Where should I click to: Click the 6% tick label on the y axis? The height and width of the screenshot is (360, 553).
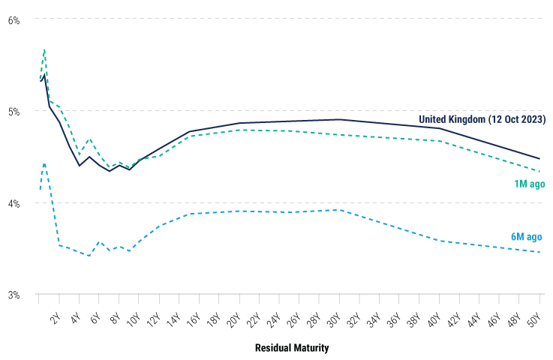(x=14, y=19)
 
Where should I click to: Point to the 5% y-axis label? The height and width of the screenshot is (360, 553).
(x=14, y=112)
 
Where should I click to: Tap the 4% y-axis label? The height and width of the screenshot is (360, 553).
(x=14, y=203)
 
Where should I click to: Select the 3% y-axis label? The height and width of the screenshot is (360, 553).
(x=14, y=295)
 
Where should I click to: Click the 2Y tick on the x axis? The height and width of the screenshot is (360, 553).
(x=55, y=316)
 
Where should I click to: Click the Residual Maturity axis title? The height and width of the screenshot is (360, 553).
(x=292, y=348)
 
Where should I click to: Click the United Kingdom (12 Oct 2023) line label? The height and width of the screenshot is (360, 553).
(x=482, y=119)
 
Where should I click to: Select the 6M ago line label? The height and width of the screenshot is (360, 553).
(x=526, y=236)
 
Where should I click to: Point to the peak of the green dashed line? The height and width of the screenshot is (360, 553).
(x=45, y=49)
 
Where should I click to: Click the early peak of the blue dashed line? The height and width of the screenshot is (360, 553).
(x=44, y=163)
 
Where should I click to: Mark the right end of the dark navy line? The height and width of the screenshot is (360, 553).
(x=539, y=159)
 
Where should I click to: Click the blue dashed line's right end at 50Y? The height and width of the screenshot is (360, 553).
(x=539, y=252)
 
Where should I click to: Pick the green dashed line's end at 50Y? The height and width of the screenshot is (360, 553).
(x=539, y=171)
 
